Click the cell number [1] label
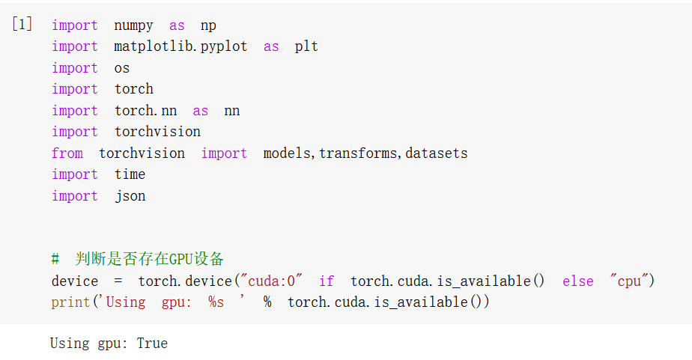pos(22,24)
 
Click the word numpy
pos(133,25)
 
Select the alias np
pos(208,25)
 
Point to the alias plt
pos(306,46)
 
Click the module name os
pos(122,68)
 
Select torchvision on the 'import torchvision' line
pos(157,132)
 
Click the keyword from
pos(67,153)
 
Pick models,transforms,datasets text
pos(365,153)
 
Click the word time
pos(130,174)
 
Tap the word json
pos(130,196)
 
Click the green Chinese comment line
pos(138,259)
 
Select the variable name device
pos(75,281)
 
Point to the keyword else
pos(578,281)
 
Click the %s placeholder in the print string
pos(216,302)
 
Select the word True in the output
pos(152,344)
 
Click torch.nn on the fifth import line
pos(145,111)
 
